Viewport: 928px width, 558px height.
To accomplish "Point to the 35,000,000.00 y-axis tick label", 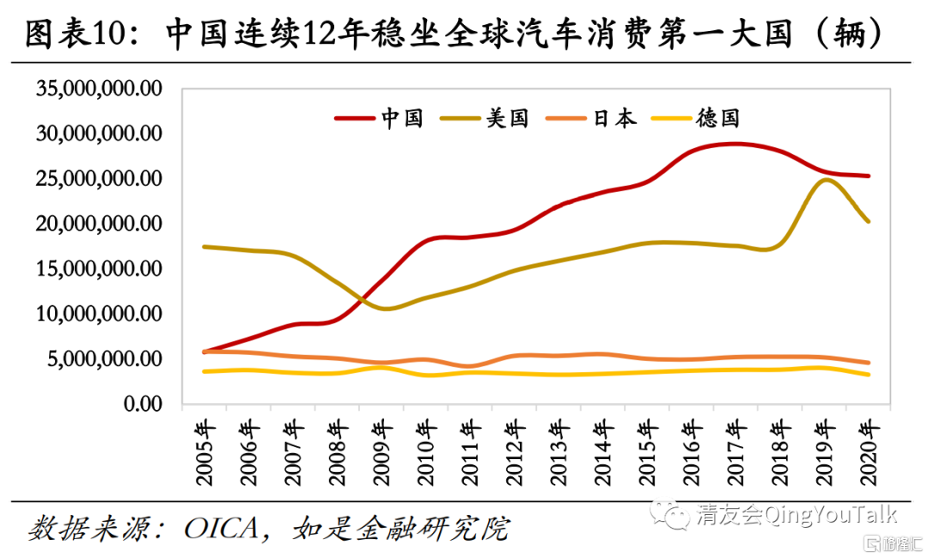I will coord(97,89).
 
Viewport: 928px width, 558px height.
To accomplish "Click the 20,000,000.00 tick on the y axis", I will coord(97,224).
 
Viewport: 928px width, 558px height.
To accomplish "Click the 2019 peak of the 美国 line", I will coord(826,180).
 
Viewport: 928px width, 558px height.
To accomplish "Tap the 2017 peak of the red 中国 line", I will coord(736,144).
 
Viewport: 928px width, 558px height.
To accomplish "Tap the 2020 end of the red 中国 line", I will coord(869,176).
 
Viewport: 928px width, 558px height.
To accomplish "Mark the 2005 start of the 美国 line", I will coord(205,247).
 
